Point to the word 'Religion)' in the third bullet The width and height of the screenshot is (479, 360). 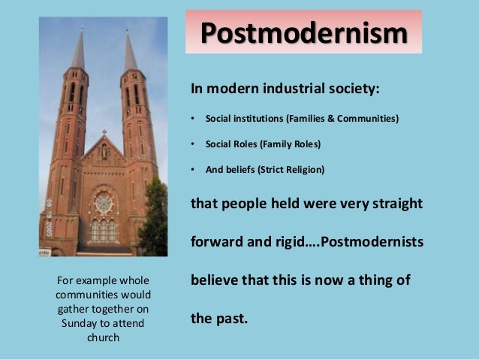(x=303, y=169)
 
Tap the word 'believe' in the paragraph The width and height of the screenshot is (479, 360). (x=217, y=281)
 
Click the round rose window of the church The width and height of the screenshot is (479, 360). (x=104, y=202)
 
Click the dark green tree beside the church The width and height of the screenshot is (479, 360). (x=155, y=218)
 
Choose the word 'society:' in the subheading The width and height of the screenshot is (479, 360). (x=353, y=89)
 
